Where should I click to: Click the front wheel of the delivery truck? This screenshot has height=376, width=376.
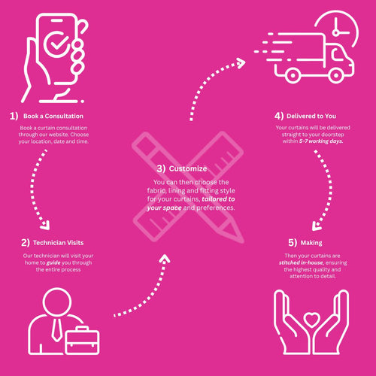coord(335,74)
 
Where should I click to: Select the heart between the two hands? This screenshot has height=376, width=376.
coord(311,320)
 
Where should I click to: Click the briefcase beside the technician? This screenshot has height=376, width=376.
coord(82,340)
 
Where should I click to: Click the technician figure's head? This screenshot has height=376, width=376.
coord(57,302)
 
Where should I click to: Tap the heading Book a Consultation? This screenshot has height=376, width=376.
coord(53,116)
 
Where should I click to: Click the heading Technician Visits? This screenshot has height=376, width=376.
coord(58,243)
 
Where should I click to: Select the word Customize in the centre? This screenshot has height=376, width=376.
coord(188,168)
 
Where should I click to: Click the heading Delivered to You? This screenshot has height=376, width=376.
coord(311,116)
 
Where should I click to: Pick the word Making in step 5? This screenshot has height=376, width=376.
coord(311,243)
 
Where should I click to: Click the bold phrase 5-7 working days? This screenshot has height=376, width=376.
coord(321,141)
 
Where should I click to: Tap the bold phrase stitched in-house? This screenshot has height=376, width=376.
coord(301,262)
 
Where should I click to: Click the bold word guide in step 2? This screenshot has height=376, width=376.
coord(53,263)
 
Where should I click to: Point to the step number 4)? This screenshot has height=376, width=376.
coord(279,116)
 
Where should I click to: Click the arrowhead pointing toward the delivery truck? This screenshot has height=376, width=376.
coord(241,63)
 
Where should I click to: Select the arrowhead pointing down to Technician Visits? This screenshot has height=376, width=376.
coord(45,225)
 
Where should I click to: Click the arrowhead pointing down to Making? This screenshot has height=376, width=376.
coord(317,226)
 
